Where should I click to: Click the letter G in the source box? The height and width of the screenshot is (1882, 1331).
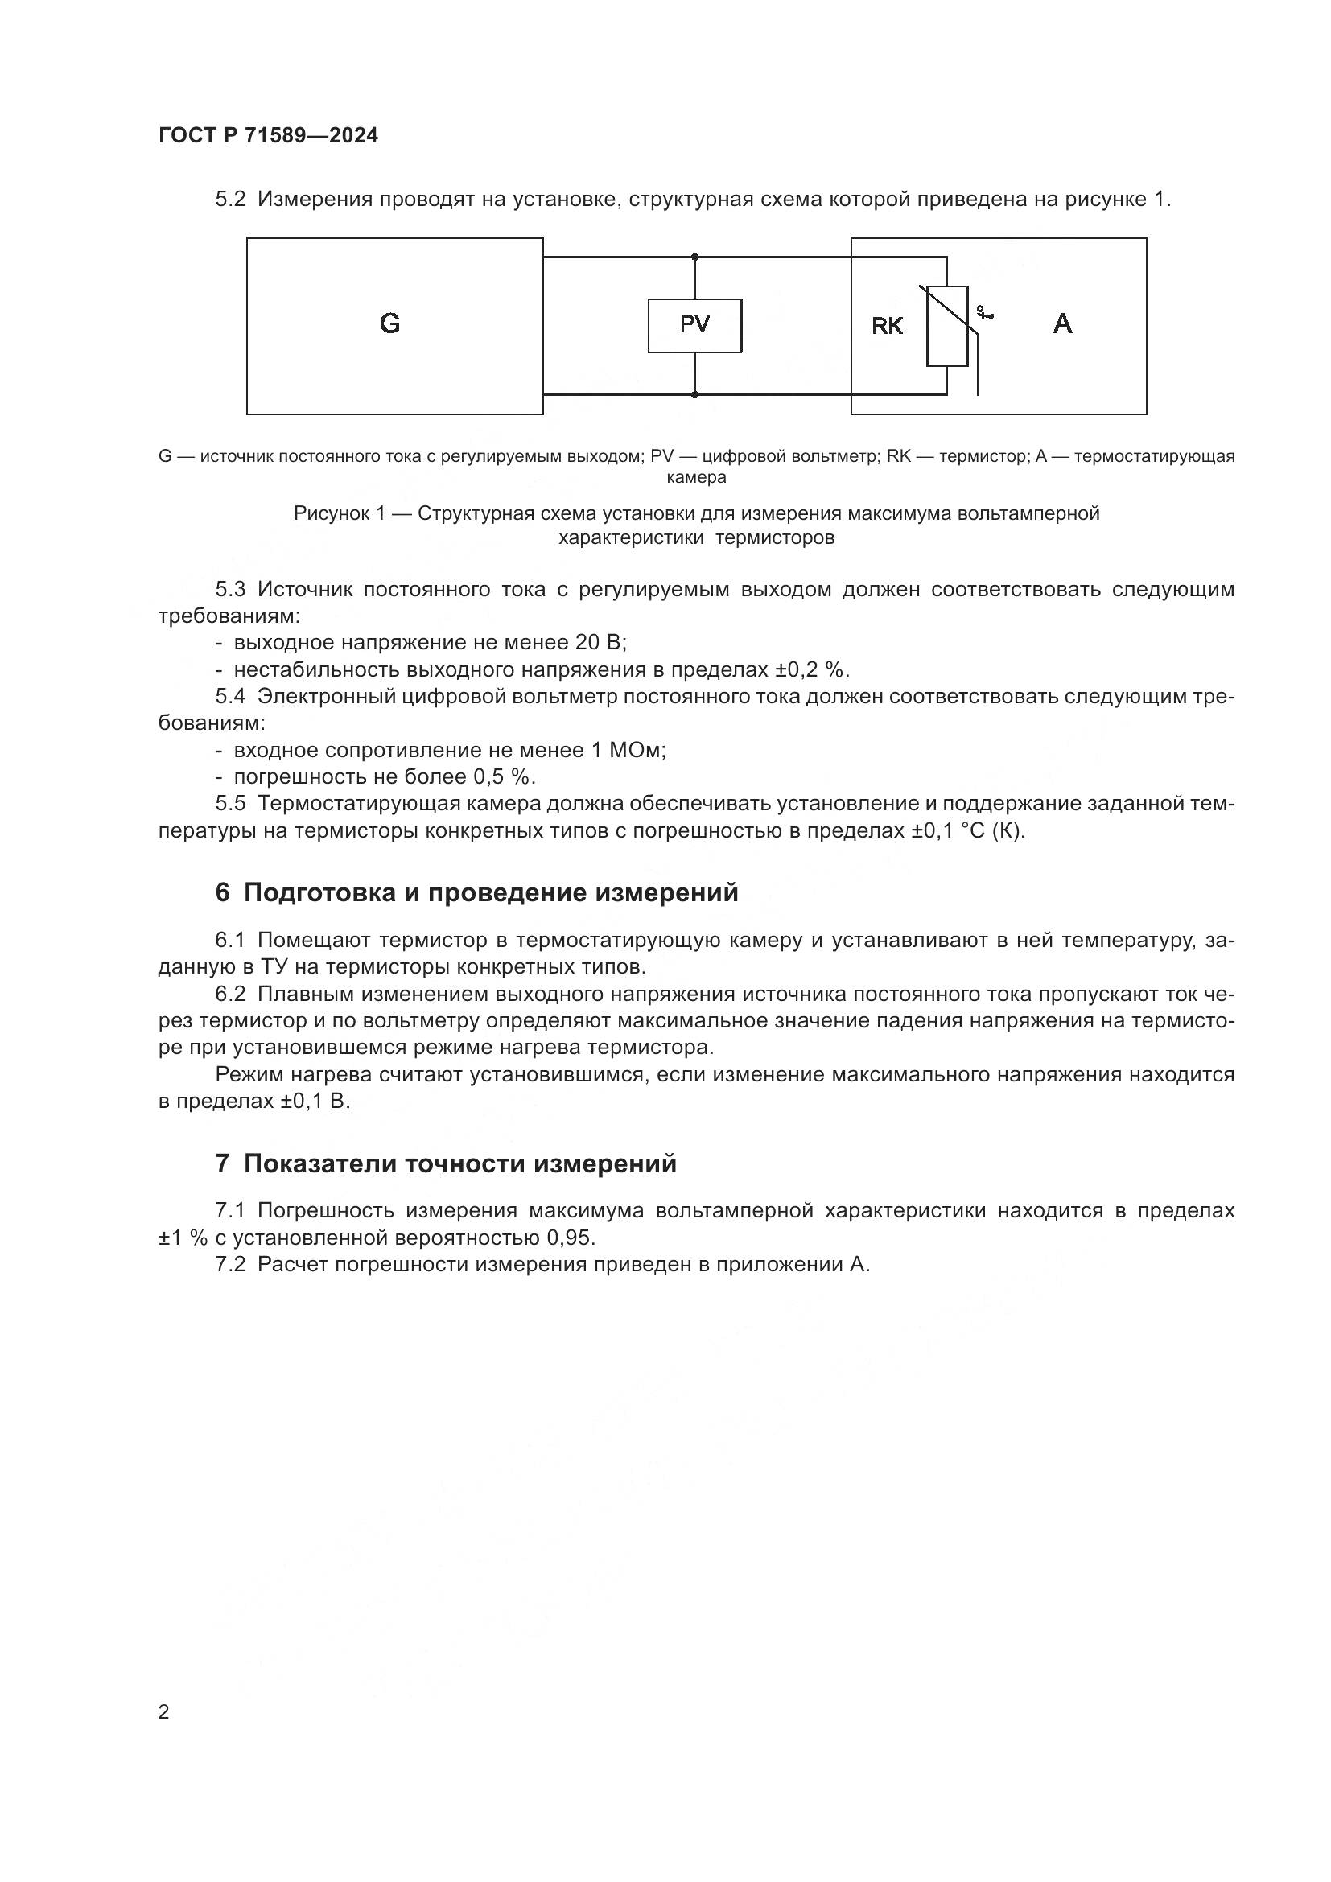point(390,323)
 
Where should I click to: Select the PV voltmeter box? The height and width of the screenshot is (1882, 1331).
point(694,325)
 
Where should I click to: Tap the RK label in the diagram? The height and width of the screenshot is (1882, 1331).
point(887,326)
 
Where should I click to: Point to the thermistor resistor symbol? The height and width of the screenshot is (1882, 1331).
point(946,325)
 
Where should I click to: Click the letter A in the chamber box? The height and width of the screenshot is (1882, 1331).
point(1062,323)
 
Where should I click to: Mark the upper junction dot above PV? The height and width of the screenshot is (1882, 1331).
point(695,257)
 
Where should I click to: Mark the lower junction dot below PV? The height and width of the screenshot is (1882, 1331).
point(695,394)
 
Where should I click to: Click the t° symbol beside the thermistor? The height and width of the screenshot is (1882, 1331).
point(984,312)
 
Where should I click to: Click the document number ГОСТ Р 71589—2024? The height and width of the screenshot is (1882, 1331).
point(268,136)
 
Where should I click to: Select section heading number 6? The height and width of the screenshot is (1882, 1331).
point(222,892)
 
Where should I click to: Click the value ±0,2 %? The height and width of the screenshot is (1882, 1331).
point(810,669)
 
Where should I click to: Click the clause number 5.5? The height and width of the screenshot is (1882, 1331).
point(230,804)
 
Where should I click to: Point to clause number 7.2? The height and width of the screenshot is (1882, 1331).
point(230,1264)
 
